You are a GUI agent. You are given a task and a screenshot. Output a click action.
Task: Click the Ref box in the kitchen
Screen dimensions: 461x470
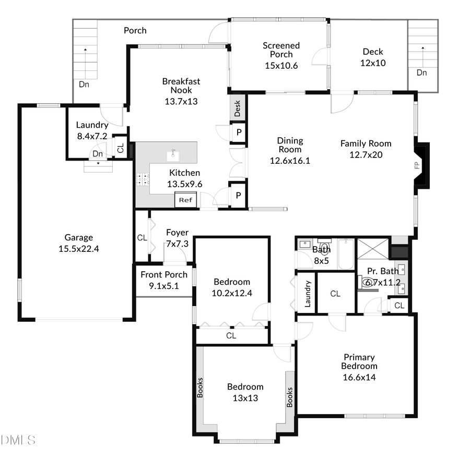click(185, 200)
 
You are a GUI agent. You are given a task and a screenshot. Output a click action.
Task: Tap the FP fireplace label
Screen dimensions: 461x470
click(417, 166)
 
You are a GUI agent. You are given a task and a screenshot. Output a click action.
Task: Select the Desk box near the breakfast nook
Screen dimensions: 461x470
click(238, 108)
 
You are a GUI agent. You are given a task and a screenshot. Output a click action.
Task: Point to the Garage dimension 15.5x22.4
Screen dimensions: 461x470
click(79, 249)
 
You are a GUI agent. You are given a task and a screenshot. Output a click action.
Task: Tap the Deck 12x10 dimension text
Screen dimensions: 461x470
click(373, 63)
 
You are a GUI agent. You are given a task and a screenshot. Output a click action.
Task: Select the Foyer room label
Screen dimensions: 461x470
click(177, 233)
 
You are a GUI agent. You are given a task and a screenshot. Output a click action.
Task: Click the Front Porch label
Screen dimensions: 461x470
click(164, 275)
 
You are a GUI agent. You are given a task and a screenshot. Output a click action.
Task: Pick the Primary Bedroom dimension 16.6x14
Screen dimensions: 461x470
click(359, 377)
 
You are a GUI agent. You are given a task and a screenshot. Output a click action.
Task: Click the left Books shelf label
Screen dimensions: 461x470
click(200, 387)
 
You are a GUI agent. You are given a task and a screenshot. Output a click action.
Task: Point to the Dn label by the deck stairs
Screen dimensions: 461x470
click(421, 72)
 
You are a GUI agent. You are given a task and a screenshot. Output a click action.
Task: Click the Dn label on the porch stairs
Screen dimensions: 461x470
click(84, 83)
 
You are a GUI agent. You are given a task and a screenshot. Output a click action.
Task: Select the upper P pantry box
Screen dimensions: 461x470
click(239, 132)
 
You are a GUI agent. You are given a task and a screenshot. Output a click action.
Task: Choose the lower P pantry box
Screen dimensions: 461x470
click(238, 195)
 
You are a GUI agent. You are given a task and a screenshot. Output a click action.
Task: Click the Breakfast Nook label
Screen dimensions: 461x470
click(181, 86)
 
